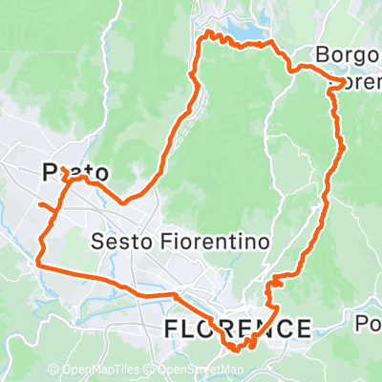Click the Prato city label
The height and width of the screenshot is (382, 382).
(74, 173)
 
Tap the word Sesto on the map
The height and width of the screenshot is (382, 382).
(119, 243)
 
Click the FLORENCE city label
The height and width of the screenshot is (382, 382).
(237, 329)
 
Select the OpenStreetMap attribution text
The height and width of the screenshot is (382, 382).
(202, 370)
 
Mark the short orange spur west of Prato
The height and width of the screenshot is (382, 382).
(44, 204)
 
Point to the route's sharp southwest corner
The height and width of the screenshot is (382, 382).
(38, 261)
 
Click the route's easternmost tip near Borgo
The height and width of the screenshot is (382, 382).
(342, 75)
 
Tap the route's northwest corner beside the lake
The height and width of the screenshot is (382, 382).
(201, 35)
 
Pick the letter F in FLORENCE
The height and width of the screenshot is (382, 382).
(173, 329)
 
